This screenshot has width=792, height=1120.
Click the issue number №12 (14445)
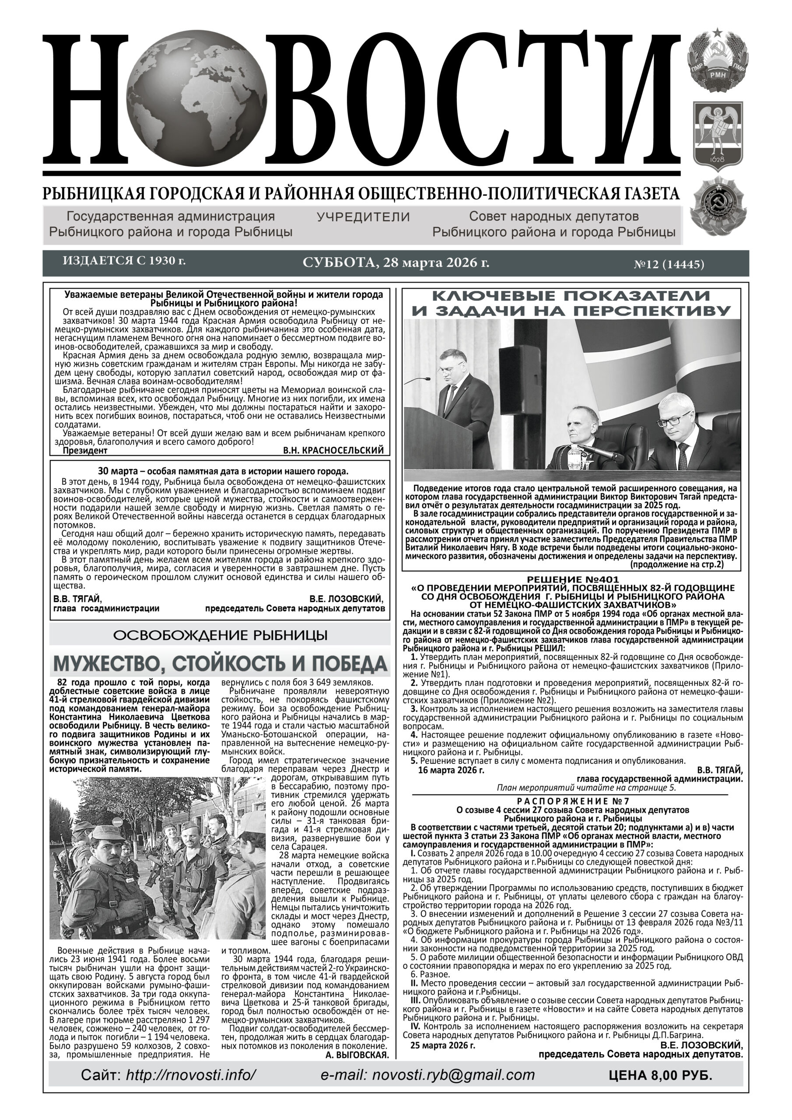(669, 265)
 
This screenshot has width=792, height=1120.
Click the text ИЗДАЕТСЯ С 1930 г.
(124, 260)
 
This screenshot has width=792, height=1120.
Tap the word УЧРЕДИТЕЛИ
(363, 217)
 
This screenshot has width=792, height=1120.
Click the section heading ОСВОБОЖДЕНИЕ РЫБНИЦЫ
(220, 635)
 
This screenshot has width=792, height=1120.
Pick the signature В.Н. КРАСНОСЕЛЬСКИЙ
(333, 450)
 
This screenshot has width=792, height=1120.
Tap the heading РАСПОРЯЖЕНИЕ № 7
(573, 801)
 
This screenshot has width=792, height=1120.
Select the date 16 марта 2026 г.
(452, 771)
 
